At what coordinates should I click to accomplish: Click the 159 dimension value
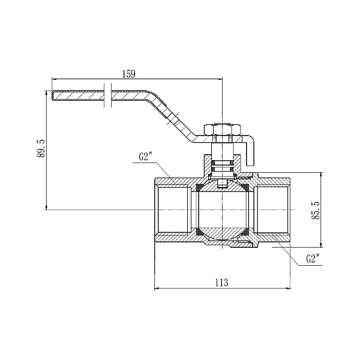(129, 74)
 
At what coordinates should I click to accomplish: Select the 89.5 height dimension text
(41, 148)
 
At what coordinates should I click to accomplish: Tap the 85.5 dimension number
(316, 210)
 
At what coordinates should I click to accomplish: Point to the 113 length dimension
(222, 283)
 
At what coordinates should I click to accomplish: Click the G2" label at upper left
(146, 157)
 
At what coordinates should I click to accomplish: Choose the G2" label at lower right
(313, 259)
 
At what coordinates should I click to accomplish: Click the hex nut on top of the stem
(222, 130)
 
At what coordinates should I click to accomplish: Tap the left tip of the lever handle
(52, 95)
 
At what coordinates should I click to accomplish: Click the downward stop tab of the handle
(250, 152)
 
